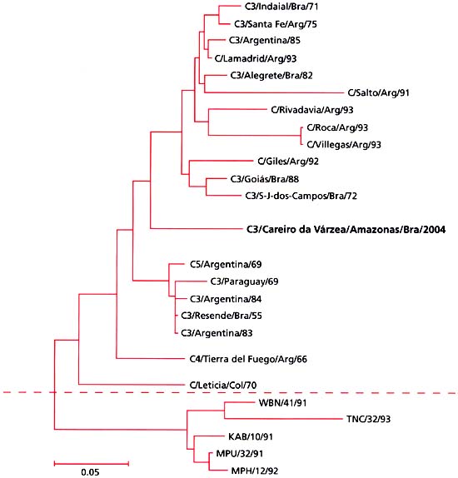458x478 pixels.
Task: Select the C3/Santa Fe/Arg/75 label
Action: point(273,25)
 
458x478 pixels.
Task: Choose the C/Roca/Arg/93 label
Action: point(337,127)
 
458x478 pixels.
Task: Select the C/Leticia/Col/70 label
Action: point(223,385)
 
